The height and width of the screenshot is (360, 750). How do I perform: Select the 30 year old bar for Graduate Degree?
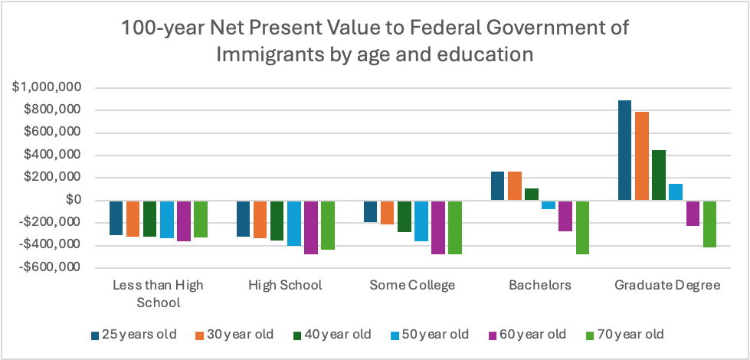642,156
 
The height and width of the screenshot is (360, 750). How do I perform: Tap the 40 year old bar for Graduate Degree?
659,175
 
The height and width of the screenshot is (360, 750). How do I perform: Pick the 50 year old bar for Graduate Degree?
676,192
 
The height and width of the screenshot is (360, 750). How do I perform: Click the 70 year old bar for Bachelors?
583,227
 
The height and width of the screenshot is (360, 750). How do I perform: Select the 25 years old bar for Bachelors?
497,186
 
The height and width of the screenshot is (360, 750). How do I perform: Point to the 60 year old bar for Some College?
439,227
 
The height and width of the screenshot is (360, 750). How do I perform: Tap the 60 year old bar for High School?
312,227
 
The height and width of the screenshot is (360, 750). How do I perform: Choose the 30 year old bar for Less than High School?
133,219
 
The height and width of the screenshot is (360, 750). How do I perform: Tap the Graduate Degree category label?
667,286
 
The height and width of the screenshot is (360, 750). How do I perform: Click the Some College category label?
412,286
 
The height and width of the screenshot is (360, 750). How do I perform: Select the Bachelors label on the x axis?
540,286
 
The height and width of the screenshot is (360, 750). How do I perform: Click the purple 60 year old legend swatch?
493,335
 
